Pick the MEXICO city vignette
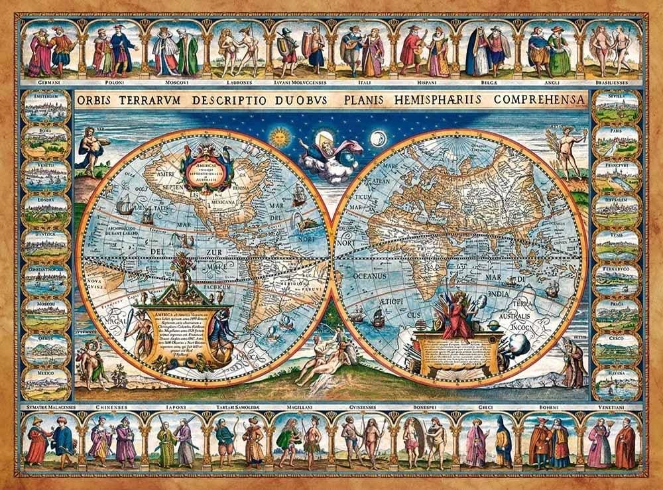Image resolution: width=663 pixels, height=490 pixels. tap(46, 384)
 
